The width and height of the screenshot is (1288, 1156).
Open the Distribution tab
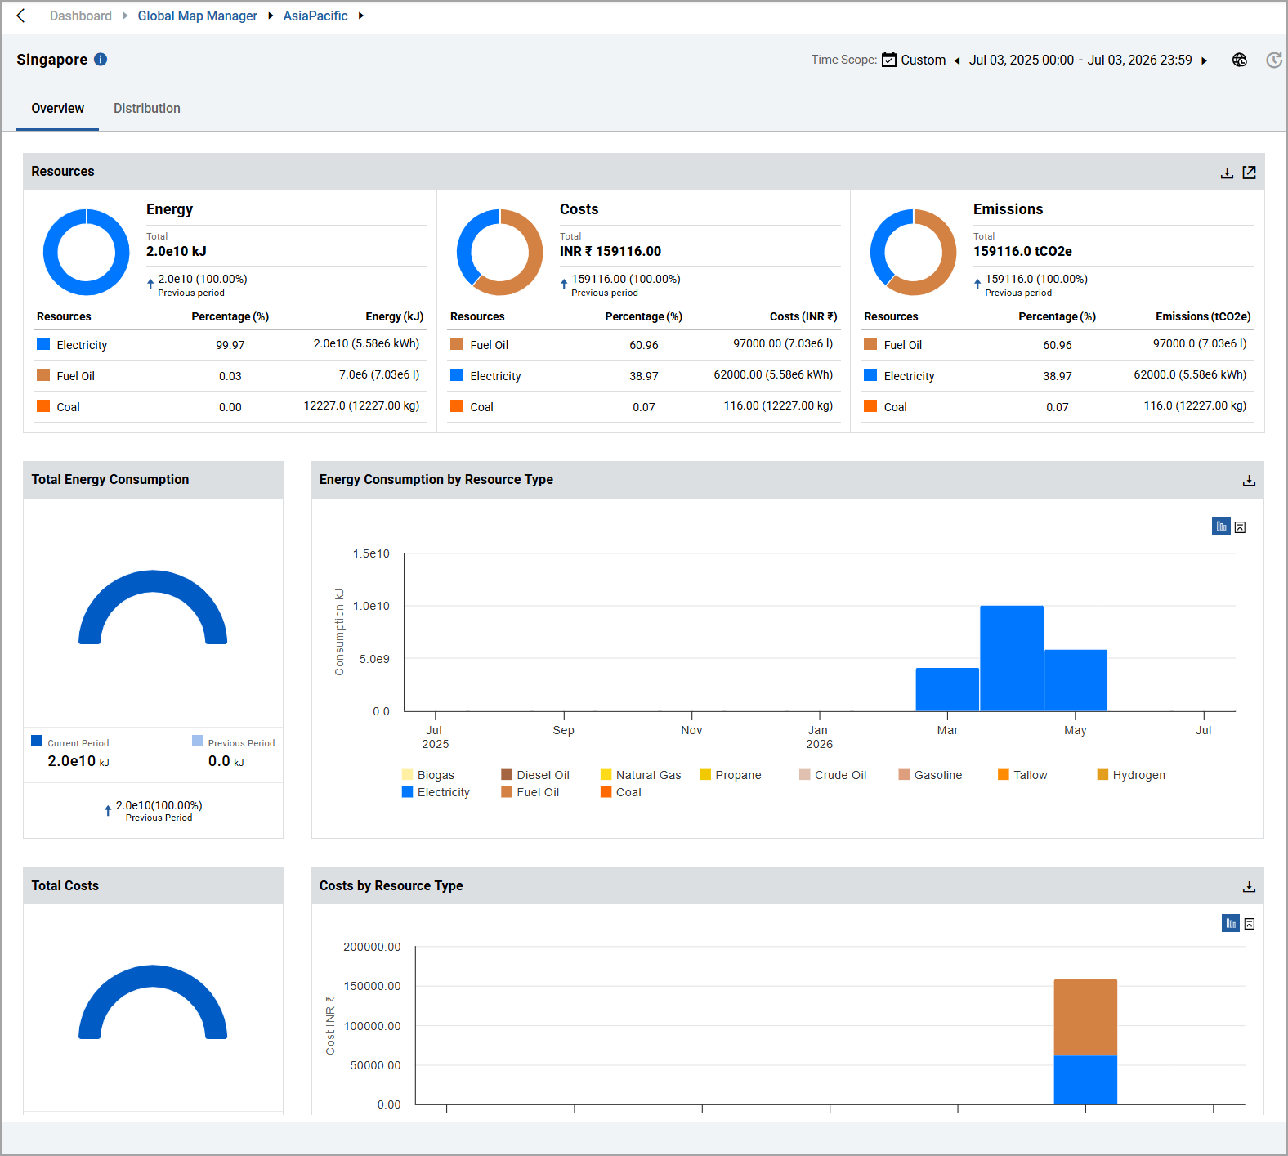point(147,108)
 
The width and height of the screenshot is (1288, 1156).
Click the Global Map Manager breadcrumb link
point(197,16)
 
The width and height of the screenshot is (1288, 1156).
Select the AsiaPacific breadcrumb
point(315,16)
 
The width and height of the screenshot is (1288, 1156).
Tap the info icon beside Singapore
point(101,59)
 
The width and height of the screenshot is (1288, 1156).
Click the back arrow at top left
point(20,16)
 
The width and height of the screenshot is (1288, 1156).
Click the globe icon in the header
point(1240,60)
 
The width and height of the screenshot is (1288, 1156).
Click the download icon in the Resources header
point(1227,173)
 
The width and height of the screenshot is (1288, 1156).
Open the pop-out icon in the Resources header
point(1249,172)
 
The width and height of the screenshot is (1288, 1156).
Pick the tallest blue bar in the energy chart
point(1012,658)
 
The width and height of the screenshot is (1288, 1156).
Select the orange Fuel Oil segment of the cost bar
point(1085,1017)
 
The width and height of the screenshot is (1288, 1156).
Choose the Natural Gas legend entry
point(641,775)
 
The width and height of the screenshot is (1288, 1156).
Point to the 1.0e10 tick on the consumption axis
point(371,606)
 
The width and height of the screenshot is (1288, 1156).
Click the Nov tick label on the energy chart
point(691,730)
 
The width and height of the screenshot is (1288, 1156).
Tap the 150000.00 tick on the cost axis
point(372,986)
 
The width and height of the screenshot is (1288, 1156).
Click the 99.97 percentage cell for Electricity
point(230,345)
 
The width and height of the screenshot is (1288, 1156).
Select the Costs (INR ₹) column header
point(803,316)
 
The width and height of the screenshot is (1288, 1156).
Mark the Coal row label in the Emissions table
point(896,407)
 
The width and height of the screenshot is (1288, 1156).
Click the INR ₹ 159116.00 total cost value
point(610,251)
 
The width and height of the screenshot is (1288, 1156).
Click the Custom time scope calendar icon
point(889,60)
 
